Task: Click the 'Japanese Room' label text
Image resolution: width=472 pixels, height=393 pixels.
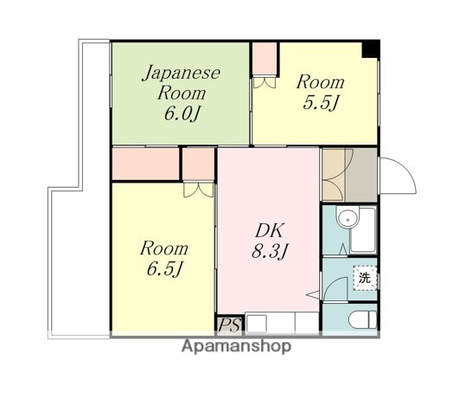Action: [182, 82]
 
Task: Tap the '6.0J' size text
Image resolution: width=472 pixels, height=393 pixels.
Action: [181, 113]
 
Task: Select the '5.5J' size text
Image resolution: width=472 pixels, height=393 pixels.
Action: [321, 103]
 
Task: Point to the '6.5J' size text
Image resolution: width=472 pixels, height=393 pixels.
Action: [163, 269]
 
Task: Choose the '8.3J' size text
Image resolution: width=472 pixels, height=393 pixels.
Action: [268, 253]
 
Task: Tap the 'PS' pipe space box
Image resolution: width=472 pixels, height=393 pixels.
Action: [229, 325]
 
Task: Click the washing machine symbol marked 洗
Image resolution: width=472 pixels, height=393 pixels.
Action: [364, 280]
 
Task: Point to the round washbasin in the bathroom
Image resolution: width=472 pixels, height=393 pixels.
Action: [348, 220]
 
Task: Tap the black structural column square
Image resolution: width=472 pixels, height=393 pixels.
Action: [371, 48]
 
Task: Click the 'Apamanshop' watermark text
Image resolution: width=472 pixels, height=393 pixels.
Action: [236, 347]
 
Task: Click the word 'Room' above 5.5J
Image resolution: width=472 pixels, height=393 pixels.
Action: [321, 82]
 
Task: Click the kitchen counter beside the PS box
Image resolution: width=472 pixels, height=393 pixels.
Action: [282, 323]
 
